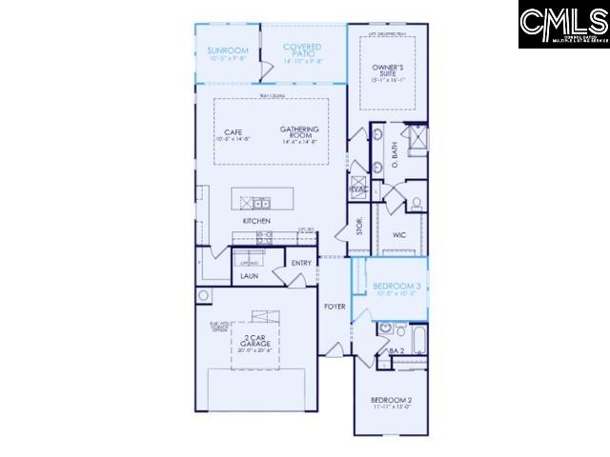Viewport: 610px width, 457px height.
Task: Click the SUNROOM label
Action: (228, 50)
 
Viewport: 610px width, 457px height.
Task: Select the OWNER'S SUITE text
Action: (388, 70)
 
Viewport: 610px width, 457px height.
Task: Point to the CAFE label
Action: (233, 132)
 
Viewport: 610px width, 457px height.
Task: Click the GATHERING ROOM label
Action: (299, 132)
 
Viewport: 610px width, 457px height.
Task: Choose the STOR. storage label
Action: (360, 227)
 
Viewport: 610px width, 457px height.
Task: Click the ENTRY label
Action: (301, 263)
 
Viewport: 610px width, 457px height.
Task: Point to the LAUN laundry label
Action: (249, 276)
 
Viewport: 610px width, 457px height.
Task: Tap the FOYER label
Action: (334, 307)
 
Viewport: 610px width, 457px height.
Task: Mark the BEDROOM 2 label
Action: (391, 401)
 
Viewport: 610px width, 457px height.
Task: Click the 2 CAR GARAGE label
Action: (255, 342)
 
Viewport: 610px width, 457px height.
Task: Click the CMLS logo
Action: (562, 25)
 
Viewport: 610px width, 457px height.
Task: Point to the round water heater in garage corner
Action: (204, 296)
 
